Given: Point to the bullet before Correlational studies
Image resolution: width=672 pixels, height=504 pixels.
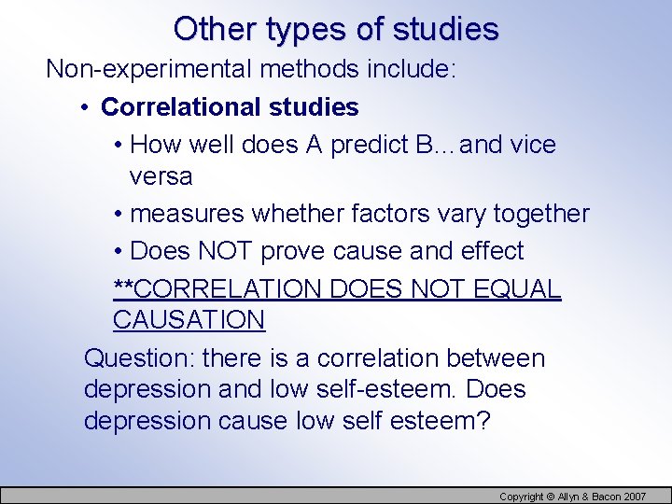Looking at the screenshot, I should pos(84,108).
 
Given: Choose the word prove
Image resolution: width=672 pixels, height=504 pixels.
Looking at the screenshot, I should pos(294,251).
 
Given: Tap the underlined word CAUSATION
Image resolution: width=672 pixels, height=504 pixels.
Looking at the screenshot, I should pos(189,320).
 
